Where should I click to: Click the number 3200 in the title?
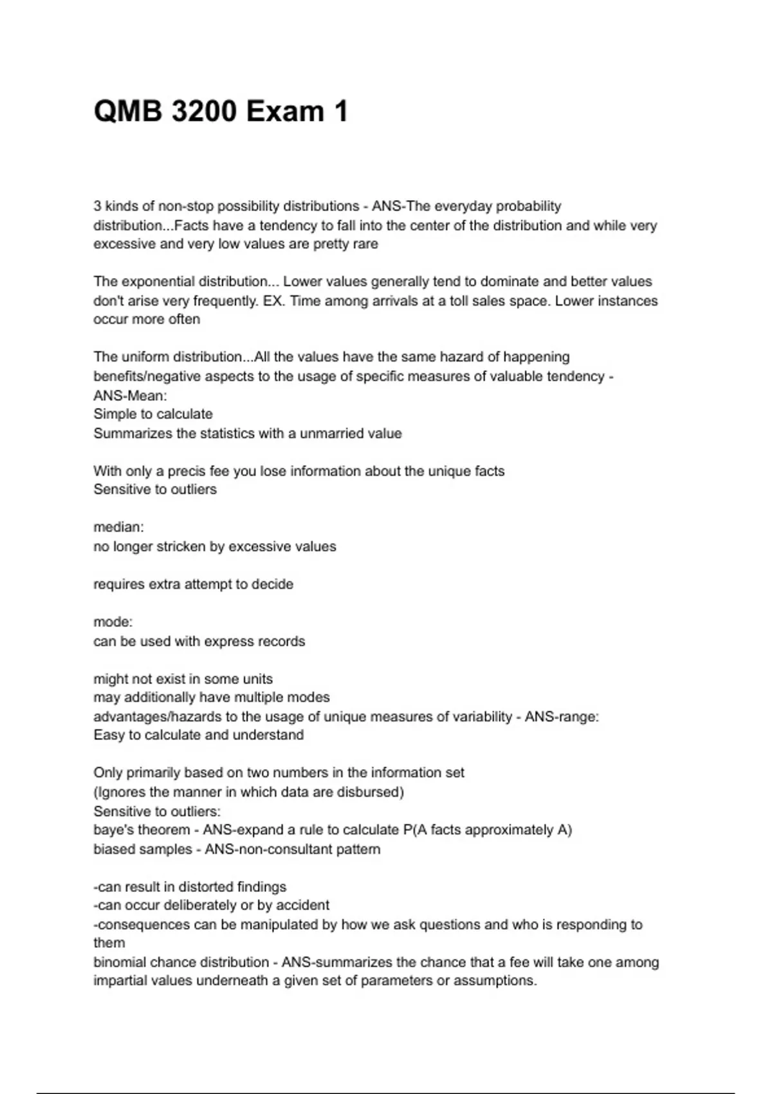(203, 111)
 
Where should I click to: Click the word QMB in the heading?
(129, 111)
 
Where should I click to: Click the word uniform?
(145, 357)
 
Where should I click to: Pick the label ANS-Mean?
(130, 396)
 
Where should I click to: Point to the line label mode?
(113, 622)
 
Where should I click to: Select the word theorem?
(165, 830)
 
